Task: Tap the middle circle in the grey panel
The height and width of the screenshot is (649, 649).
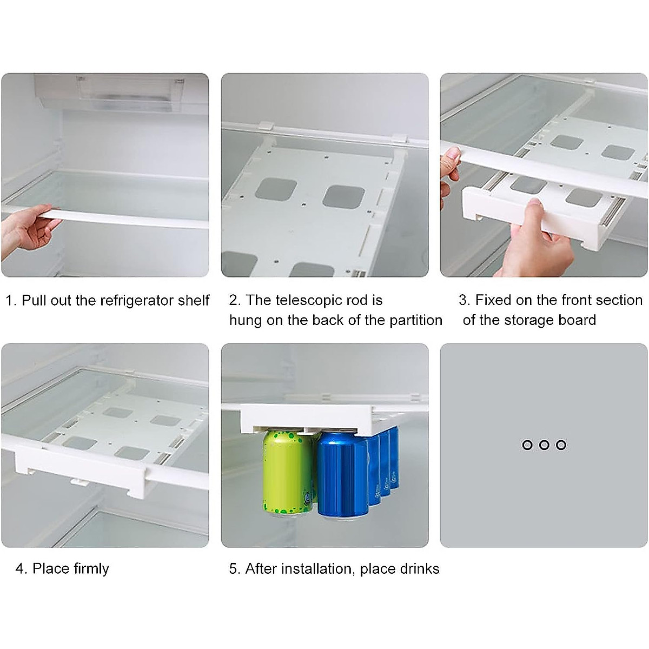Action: coord(544,445)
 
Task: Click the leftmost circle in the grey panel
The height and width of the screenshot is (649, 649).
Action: coord(527,445)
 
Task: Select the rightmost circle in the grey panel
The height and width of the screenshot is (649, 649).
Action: coord(561,445)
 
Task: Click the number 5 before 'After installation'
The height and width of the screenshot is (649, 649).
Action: coord(234,568)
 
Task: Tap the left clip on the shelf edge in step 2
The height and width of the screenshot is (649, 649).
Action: coord(264,125)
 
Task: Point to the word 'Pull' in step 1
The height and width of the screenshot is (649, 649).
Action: coord(34,301)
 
